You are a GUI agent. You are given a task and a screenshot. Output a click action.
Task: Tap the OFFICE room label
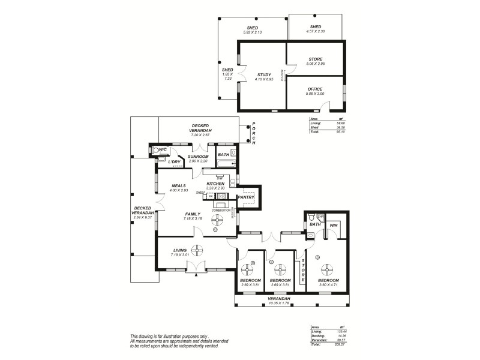314,89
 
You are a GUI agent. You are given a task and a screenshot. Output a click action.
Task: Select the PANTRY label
246,197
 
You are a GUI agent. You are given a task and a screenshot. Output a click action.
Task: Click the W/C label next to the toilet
163,149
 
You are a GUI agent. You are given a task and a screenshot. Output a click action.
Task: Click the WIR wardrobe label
334,225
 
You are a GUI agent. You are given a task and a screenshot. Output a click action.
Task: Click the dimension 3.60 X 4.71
328,285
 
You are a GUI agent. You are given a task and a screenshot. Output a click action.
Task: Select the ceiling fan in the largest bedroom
327,268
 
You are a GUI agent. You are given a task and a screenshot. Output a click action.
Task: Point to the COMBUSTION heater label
221,210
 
